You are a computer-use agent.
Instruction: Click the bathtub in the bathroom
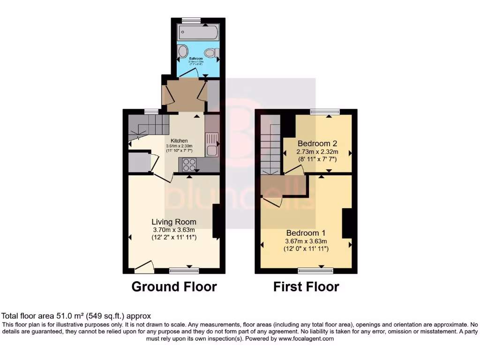197,33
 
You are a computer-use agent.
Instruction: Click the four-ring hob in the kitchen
189,165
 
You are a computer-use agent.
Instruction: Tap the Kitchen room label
179,141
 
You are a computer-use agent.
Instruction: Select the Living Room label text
173,222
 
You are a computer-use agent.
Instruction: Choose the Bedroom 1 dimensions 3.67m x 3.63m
306,241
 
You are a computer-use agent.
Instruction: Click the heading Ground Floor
174,286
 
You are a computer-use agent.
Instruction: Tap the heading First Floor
306,286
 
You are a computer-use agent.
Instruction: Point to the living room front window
184,270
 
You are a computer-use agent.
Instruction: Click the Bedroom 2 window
325,112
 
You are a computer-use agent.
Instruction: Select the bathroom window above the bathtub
191,20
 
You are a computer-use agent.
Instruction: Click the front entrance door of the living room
144,268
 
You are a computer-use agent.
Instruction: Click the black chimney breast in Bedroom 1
347,224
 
